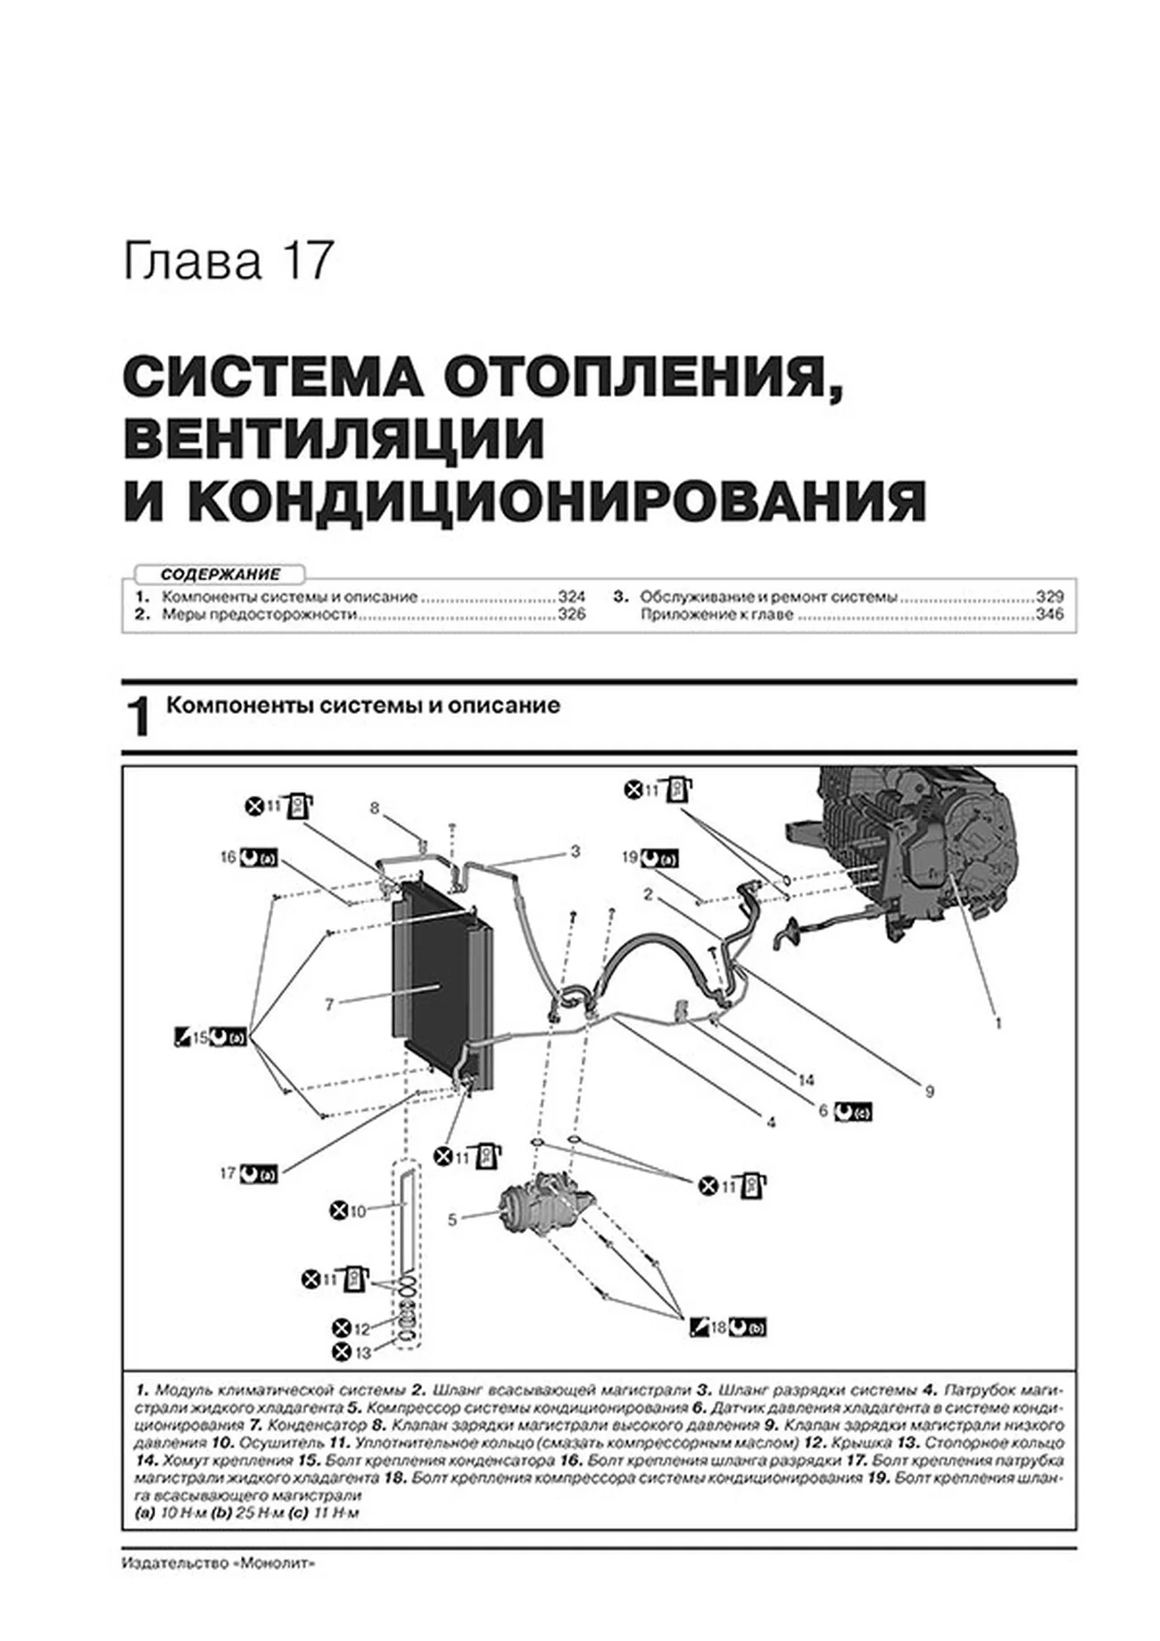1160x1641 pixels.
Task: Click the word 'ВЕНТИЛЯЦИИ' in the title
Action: (x=334, y=438)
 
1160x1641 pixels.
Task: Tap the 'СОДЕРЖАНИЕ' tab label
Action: (x=220, y=575)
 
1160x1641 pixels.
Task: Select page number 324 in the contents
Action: (x=571, y=596)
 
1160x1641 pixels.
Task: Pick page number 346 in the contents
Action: (x=1049, y=614)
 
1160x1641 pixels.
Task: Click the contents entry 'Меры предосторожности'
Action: (x=259, y=614)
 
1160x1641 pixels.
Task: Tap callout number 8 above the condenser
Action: (x=375, y=808)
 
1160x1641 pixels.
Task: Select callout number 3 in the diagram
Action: (x=576, y=851)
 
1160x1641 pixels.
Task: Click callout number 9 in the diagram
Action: (x=929, y=1090)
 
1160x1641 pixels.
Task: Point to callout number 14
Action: (x=806, y=1081)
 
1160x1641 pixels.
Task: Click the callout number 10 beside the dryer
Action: (x=357, y=1211)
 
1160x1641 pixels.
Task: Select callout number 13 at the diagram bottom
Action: (x=361, y=1353)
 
